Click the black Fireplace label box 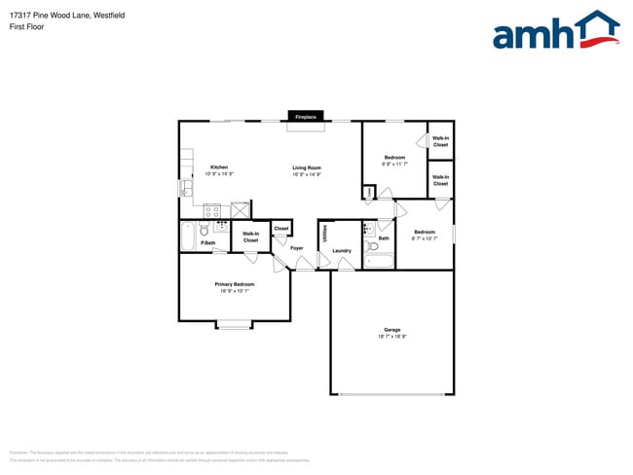click(x=305, y=117)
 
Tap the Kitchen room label click(x=219, y=167)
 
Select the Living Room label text click(x=307, y=167)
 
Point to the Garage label click(x=391, y=329)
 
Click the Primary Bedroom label click(x=235, y=284)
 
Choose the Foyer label click(x=297, y=248)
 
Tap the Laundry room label click(x=341, y=251)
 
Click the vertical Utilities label click(x=324, y=233)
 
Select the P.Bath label click(x=207, y=242)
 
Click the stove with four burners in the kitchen click(x=212, y=209)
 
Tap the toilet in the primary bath click(x=205, y=230)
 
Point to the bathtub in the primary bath click(x=186, y=237)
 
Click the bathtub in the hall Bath click(x=379, y=262)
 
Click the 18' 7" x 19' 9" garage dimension click(x=391, y=336)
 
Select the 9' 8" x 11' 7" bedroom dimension click(x=394, y=164)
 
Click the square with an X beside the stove click(x=241, y=208)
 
